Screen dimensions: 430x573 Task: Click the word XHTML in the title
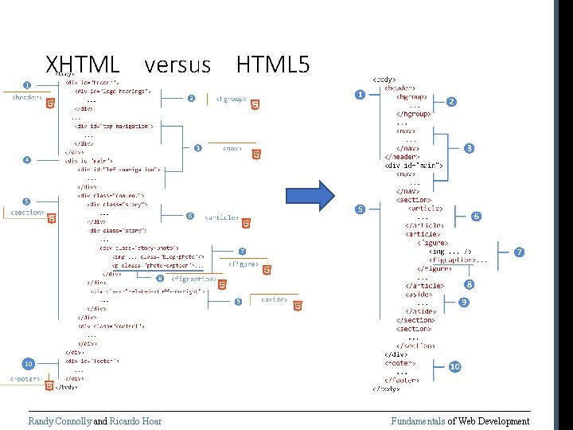(x=83, y=64)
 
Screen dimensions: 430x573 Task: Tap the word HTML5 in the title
(x=273, y=64)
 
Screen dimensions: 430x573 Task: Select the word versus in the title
(x=178, y=64)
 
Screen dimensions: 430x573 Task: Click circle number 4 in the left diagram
(x=27, y=159)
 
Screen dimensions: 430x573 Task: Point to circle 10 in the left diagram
(x=28, y=364)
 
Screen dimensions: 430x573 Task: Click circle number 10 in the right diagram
(x=454, y=367)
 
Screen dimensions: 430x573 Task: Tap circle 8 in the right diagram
(x=470, y=284)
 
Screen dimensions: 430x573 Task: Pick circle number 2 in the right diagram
(x=451, y=102)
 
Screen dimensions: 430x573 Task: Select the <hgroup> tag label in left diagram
(x=231, y=100)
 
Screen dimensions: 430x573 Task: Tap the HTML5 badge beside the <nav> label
(x=257, y=154)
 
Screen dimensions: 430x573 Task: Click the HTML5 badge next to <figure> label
(x=267, y=270)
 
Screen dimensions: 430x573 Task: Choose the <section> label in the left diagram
(x=27, y=213)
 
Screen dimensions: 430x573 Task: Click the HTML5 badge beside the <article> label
(x=247, y=224)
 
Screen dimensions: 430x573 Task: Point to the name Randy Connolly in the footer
(x=60, y=421)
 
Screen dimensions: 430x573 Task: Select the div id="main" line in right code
(x=413, y=166)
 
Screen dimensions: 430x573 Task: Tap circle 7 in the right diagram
(x=519, y=252)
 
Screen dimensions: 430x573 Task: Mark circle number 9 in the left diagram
(x=238, y=301)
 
